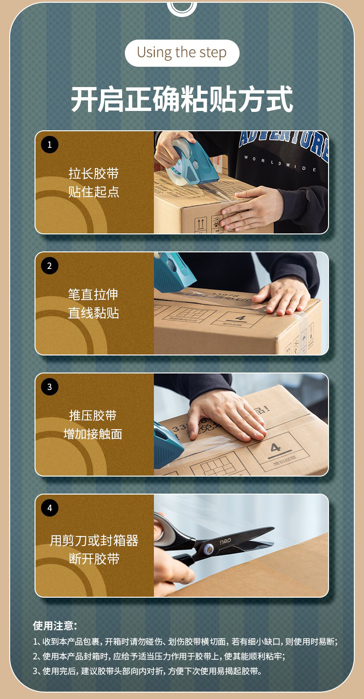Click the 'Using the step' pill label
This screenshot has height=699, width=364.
(182, 52)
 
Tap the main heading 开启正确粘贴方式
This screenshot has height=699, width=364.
(182, 98)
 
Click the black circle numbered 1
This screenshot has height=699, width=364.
(50, 145)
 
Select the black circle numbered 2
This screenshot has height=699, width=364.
(50, 266)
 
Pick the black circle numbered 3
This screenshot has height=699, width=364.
(50, 387)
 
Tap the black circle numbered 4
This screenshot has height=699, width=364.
(50, 508)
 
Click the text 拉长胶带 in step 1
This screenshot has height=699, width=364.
(94, 174)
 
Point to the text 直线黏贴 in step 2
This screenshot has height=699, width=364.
(94, 313)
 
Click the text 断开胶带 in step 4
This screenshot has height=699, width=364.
(94, 559)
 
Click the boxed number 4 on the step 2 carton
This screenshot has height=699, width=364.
(240, 318)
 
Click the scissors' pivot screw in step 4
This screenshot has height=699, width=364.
(208, 548)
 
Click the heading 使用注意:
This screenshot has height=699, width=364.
(55, 626)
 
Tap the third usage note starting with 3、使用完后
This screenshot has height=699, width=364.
(147, 670)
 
